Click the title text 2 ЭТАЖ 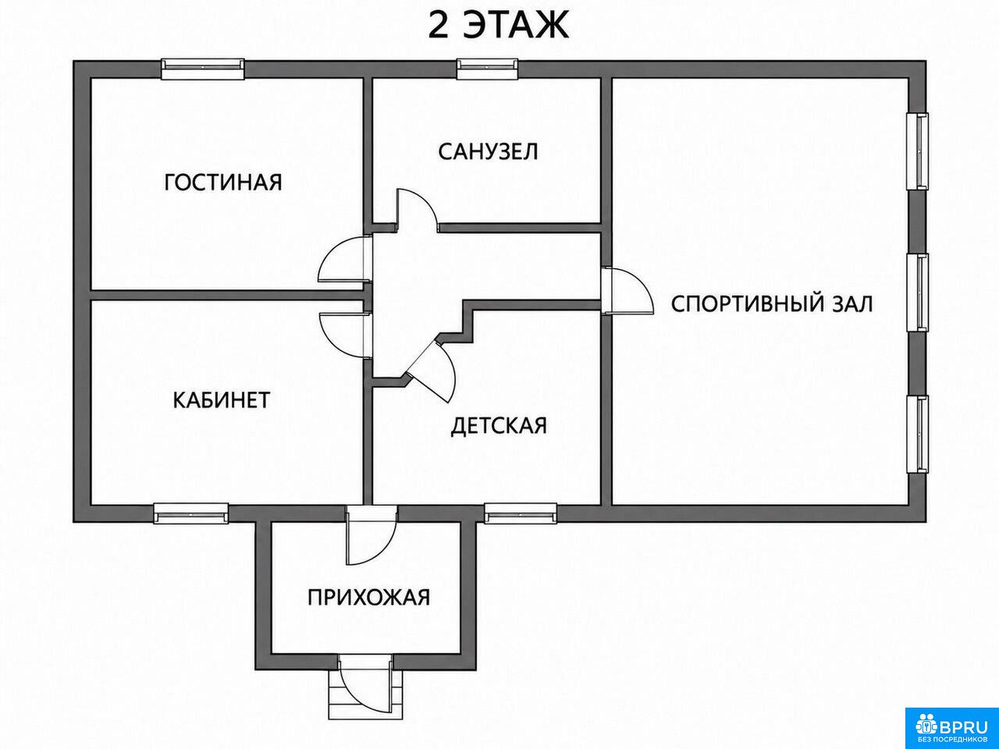(499, 26)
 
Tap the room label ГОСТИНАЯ (223, 183)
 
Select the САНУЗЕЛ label (488, 151)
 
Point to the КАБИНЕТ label (222, 400)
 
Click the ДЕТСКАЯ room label (499, 426)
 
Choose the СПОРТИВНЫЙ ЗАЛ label (772, 304)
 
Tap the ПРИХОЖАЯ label (368, 597)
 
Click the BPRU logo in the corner (952, 726)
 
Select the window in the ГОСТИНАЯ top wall (203, 69)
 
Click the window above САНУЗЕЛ (488, 69)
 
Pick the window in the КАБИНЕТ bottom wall (190, 513)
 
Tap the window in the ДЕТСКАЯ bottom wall (521, 513)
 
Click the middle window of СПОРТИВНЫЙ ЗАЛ (917, 293)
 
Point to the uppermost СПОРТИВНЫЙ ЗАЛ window (917, 151)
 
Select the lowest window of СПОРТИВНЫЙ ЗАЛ (917, 435)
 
